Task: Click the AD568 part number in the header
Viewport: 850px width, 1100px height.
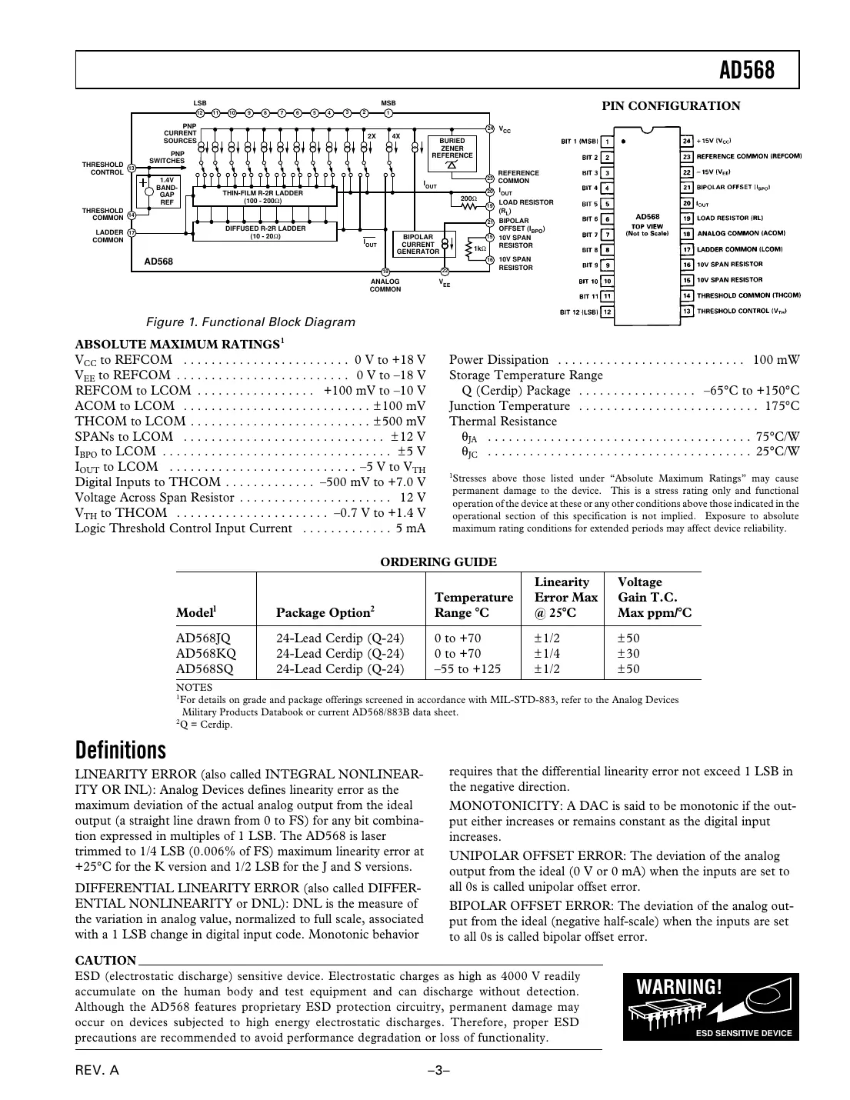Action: [746, 71]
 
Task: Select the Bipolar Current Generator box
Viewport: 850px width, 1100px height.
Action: [418, 244]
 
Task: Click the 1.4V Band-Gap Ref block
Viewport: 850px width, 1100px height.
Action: [166, 192]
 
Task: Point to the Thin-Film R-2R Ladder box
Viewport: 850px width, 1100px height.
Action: [263, 197]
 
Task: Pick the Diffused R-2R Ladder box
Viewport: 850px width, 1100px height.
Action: [265, 232]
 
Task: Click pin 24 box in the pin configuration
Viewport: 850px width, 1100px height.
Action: [687, 141]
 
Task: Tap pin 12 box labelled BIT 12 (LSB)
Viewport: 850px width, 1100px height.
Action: [607, 312]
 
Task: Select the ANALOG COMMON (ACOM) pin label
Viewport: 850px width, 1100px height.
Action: [740, 234]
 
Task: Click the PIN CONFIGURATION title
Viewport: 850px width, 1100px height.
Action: [671, 106]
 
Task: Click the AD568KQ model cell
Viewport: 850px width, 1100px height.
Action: [206, 653]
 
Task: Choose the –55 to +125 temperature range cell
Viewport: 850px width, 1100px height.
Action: [467, 668]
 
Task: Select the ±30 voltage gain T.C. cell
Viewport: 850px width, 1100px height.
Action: [628, 653]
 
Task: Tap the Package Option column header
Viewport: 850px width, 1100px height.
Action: [325, 612]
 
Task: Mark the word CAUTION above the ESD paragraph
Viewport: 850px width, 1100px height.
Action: [105, 960]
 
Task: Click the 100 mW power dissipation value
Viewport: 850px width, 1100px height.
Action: [775, 360]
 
